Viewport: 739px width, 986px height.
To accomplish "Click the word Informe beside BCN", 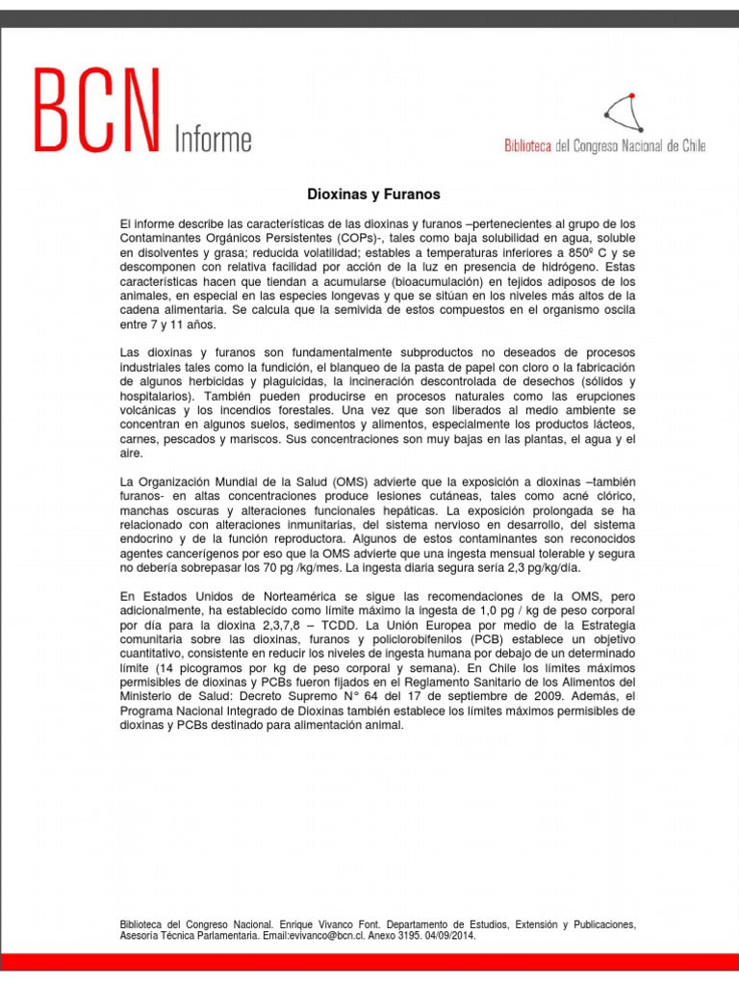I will pyautogui.click(x=213, y=140).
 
